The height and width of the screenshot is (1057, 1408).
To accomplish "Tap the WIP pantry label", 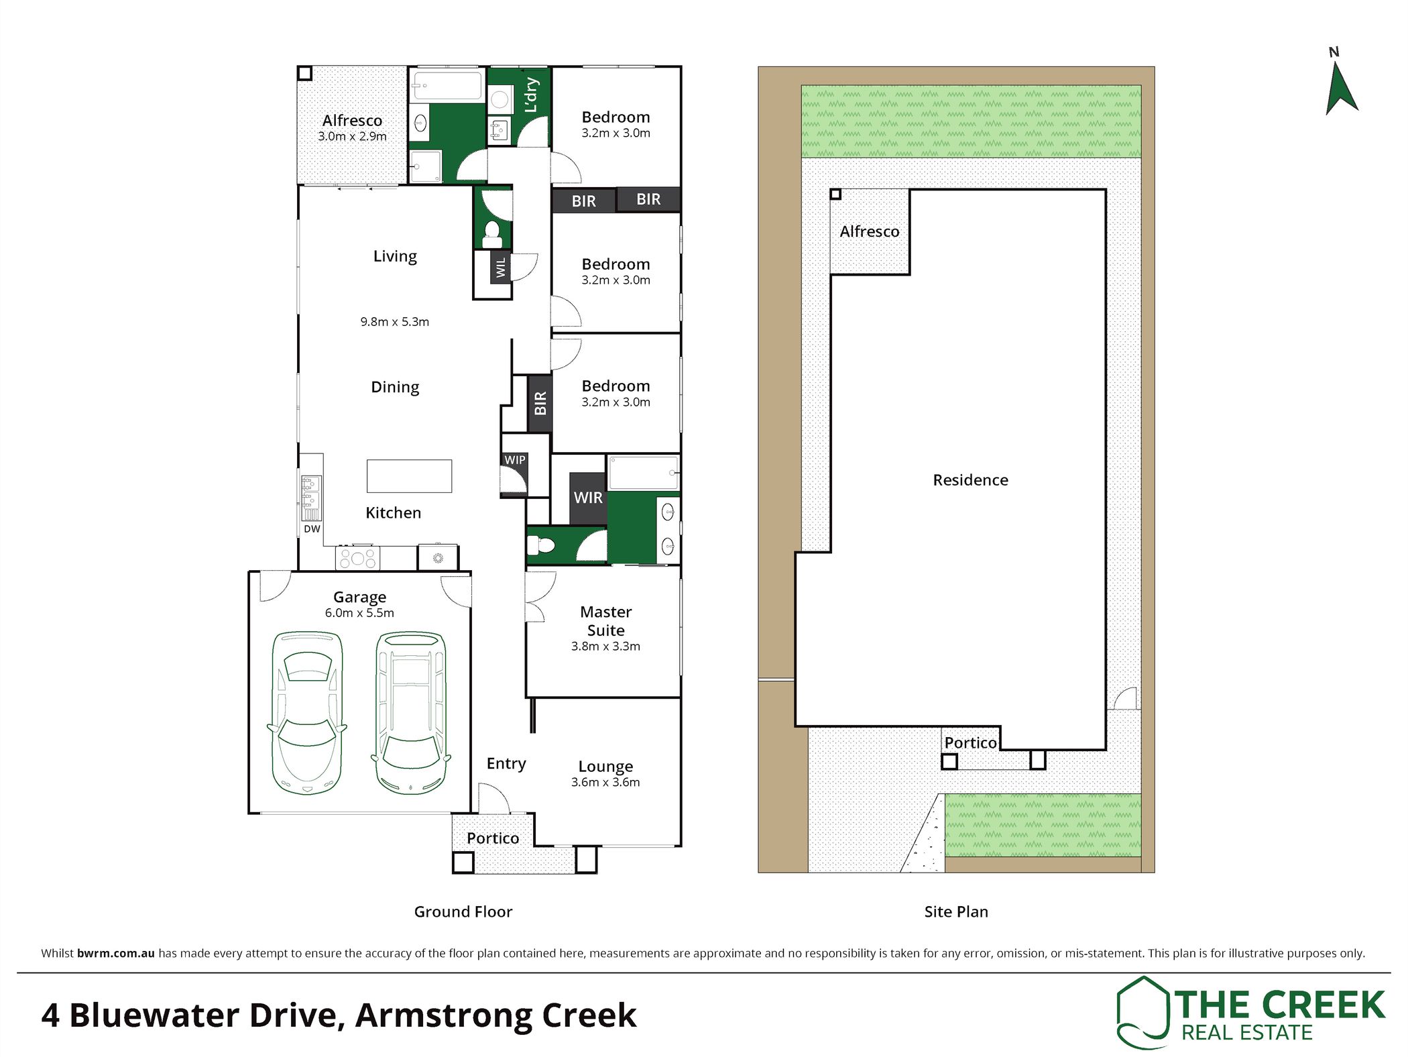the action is [515, 460].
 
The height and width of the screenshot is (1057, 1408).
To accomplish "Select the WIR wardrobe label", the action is [588, 498].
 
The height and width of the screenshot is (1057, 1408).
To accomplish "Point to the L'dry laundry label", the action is [531, 95].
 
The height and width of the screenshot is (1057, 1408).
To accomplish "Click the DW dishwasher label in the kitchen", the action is [312, 529].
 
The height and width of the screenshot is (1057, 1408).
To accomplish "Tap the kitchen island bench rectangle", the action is [409, 476].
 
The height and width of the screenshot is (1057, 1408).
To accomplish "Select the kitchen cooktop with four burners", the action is [357, 558].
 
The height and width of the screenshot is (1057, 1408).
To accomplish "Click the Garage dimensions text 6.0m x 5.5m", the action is [359, 613].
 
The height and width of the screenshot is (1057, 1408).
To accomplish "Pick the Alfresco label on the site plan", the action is [870, 231].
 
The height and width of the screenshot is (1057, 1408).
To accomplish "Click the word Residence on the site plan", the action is [970, 480].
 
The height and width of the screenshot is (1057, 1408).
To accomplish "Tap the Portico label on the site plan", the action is [970, 742].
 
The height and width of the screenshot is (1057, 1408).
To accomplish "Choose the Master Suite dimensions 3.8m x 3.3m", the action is [605, 647].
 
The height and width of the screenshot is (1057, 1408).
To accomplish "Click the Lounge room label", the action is [605, 767].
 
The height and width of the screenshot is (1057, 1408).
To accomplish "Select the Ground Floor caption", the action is [463, 911].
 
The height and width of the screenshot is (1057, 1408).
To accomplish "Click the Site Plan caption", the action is [956, 911].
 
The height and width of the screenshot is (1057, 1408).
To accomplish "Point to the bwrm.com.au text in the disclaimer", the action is [116, 953].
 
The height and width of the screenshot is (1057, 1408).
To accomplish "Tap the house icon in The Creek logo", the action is [1142, 1013].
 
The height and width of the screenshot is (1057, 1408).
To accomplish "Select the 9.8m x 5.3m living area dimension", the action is [394, 322].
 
